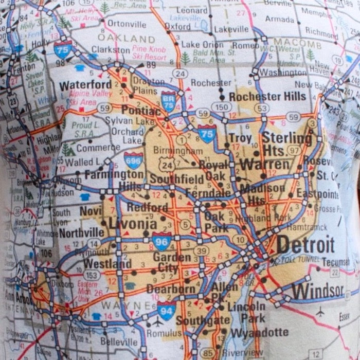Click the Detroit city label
305,245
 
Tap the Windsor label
317,291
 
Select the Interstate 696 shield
134,160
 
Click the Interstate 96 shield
162,241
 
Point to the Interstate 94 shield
167,310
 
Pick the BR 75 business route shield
168,101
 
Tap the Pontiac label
141,110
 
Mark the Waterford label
85,84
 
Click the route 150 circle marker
221,107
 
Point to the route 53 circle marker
262,108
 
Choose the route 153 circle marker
92,276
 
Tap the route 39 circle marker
201,250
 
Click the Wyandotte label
259,332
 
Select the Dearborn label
171,289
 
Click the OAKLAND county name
126,39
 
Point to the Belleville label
119,341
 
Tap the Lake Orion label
202,45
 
